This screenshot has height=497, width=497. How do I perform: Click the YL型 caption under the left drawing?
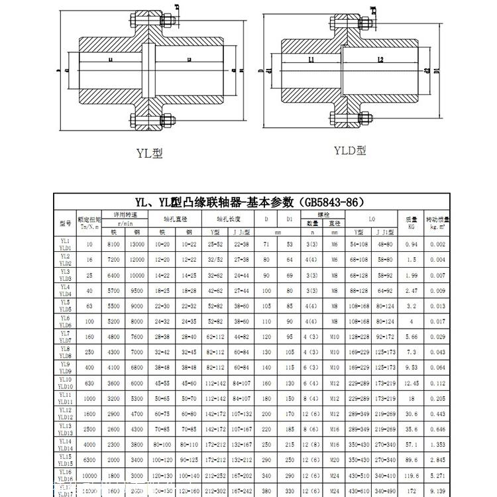point(149,153)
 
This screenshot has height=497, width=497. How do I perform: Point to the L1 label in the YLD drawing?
point(311,60)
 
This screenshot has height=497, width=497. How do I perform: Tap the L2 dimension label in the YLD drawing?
point(380,60)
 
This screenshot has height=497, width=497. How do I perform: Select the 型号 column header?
point(65,223)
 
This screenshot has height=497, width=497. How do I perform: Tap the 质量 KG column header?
point(411,222)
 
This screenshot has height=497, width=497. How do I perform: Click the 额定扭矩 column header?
point(89,222)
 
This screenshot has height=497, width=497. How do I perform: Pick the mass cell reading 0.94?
point(411,244)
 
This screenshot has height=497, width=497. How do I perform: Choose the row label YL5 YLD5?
point(65,305)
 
